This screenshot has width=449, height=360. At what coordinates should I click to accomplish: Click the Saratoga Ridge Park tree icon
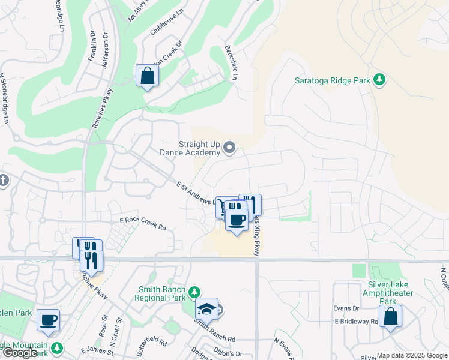(x=379, y=79)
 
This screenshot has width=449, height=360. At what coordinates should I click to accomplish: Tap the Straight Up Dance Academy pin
(x=229, y=147)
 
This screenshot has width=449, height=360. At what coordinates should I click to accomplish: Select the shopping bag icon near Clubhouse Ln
(x=147, y=76)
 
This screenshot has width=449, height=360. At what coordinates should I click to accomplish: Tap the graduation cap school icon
(x=206, y=309)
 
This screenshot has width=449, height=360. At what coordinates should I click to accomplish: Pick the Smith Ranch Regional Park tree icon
(x=194, y=292)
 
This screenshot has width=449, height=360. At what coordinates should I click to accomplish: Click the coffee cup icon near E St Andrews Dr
(x=237, y=220)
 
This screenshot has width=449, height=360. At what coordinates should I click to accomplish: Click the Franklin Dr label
(x=92, y=47)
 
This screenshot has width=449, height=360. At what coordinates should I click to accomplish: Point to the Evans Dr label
(x=346, y=308)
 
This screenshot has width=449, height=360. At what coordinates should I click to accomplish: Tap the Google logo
(x=20, y=353)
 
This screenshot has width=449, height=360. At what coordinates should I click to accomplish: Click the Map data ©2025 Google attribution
(x=411, y=355)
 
